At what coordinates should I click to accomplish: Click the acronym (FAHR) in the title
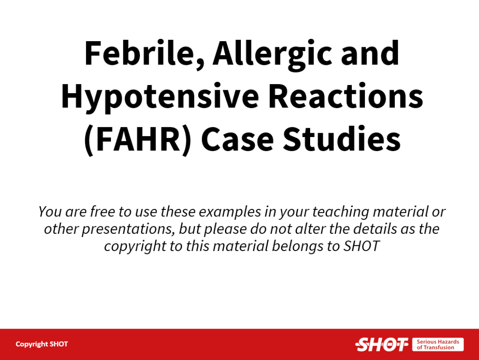[138, 139]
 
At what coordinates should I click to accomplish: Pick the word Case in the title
[237, 139]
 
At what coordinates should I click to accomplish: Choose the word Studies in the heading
[342, 138]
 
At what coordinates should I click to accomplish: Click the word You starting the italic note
[50, 212]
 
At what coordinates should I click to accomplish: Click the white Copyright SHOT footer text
[42, 344]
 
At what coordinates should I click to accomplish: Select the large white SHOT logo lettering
[382, 345]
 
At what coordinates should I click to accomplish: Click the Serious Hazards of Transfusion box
[438, 345]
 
